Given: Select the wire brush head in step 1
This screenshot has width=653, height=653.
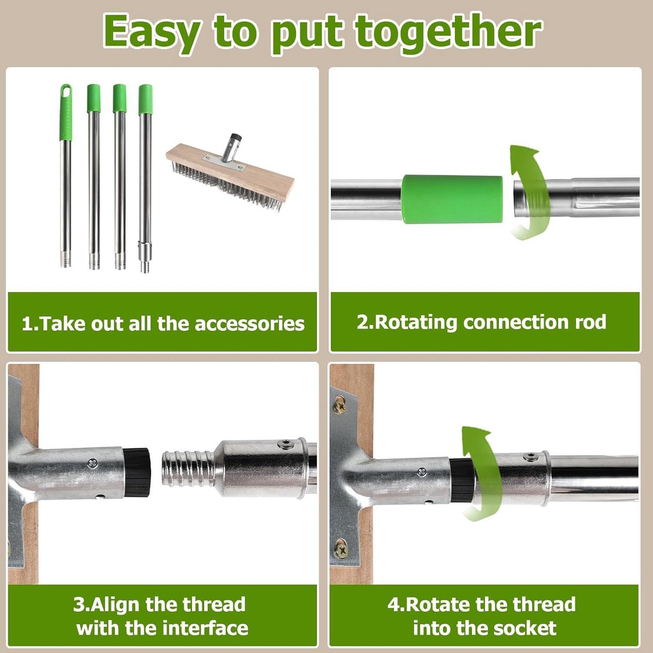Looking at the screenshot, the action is [230, 173].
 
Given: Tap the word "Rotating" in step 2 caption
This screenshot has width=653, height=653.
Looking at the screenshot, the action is [415, 322].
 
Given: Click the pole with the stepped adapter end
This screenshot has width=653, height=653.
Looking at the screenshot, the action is [145, 178].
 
